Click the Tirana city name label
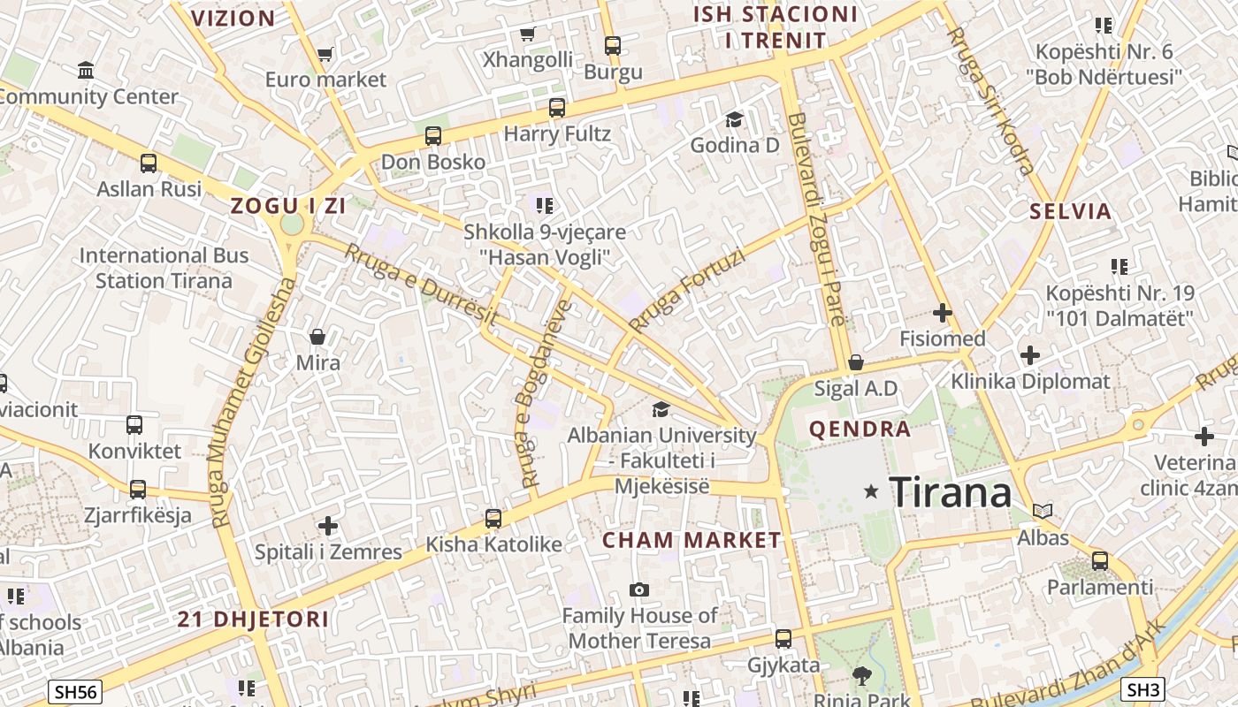coord(950,491)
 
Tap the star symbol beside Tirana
coord(871,490)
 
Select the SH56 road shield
coord(75,692)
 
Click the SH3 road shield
coord(1142,688)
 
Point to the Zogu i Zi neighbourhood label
coord(288,206)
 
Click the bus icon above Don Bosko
coord(432,136)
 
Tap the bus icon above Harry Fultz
coord(556,108)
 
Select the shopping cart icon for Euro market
coord(325,55)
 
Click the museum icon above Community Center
coord(86,70)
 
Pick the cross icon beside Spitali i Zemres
coord(328,526)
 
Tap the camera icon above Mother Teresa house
coord(638,589)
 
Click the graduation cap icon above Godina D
coord(734,119)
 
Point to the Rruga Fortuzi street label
coord(687,291)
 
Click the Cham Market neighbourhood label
coord(692,540)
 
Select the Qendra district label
coord(860,430)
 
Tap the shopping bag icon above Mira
coord(317,337)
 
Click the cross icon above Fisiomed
coord(943,312)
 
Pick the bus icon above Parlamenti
coord(1100,560)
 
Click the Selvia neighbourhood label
coord(1070,211)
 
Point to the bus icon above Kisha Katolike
coord(493,519)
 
